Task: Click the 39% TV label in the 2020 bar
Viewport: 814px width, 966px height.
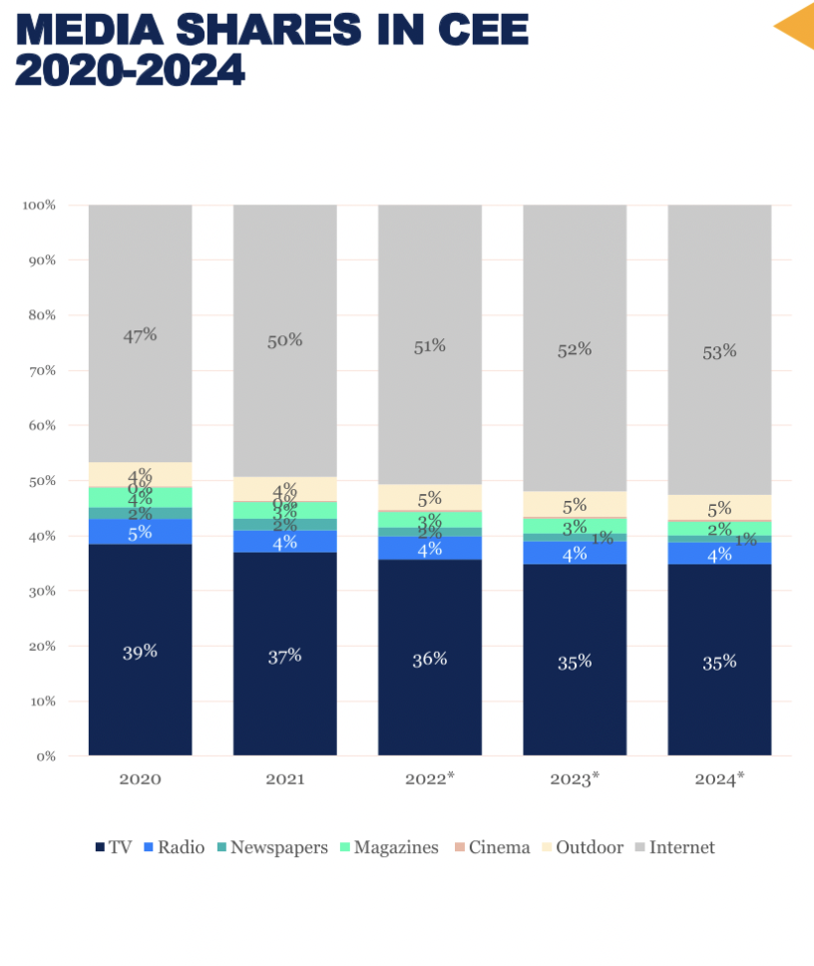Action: pyautogui.click(x=140, y=652)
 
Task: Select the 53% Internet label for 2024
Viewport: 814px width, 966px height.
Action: pyautogui.click(x=719, y=351)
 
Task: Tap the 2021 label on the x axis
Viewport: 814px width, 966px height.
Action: pyautogui.click(x=284, y=778)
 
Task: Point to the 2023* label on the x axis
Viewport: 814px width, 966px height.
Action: pyautogui.click(x=575, y=778)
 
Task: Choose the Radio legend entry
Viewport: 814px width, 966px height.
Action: pyautogui.click(x=174, y=847)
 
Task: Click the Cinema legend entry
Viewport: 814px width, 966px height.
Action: pyautogui.click(x=491, y=847)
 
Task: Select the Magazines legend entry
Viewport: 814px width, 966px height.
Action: pyautogui.click(x=388, y=847)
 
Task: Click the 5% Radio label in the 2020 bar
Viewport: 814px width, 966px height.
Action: pyautogui.click(x=140, y=532)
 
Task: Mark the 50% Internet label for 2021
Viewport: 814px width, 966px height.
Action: pyautogui.click(x=284, y=340)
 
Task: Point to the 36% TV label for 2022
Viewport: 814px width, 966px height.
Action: pyautogui.click(x=430, y=659)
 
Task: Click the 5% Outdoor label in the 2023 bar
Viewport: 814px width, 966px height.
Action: pyautogui.click(x=575, y=505)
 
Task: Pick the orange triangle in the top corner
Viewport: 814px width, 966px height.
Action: pyautogui.click(x=797, y=27)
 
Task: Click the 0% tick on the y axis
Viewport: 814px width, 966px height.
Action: pyautogui.click(x=46, y=755)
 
